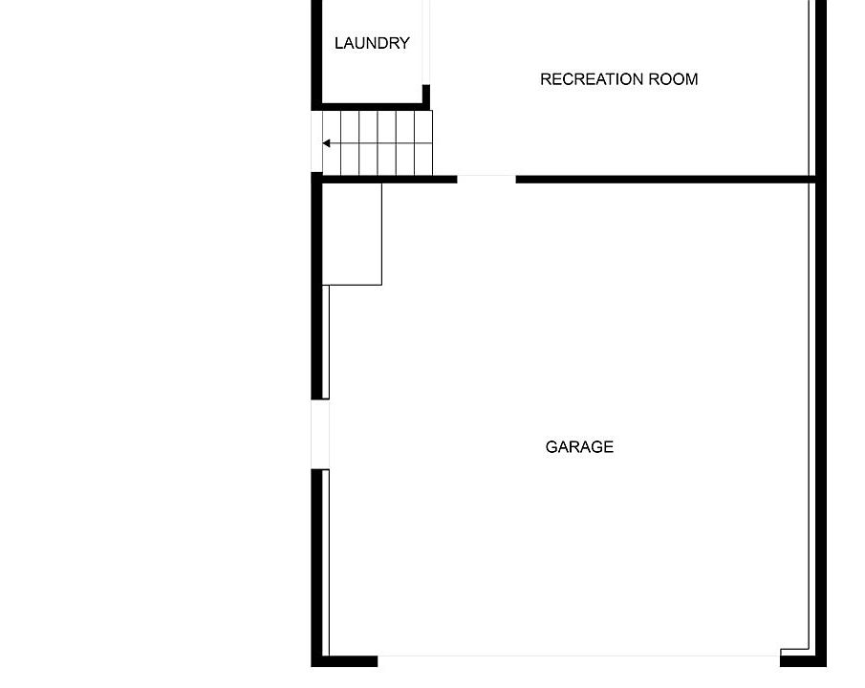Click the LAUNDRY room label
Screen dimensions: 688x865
click(x=372, y=43)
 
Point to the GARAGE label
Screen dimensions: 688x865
click(x=579, y=446)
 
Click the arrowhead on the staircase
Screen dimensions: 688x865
click(x=327, y=143)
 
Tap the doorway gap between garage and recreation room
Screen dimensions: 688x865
click(x=487, y=179)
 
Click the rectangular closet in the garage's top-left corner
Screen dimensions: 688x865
click(x=353, y=233)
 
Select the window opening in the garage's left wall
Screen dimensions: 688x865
click(x=320, y=434)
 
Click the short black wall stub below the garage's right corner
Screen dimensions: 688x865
click(x=803, y=658)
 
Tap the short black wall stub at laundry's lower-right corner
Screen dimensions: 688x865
click(x=426, y=97)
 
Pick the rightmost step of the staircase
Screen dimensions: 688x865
click(x=423, y=143)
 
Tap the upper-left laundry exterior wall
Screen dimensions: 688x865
click(x=316, y=48)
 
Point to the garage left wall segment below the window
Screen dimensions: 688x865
click(x=317, y=564)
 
